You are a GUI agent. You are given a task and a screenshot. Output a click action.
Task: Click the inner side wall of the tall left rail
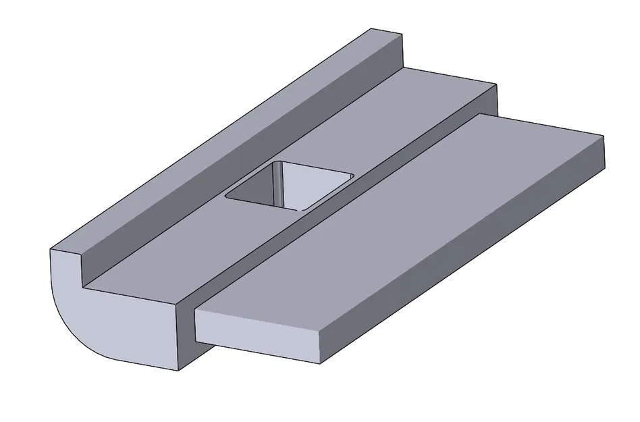(236, 169)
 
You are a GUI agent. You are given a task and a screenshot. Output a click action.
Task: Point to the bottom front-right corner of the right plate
(319, 365)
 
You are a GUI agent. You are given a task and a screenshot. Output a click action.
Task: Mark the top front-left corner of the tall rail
(52, 250)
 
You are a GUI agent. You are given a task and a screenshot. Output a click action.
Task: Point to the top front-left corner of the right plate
(196, 310)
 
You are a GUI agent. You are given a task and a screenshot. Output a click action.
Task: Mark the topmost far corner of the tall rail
(371, 28)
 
